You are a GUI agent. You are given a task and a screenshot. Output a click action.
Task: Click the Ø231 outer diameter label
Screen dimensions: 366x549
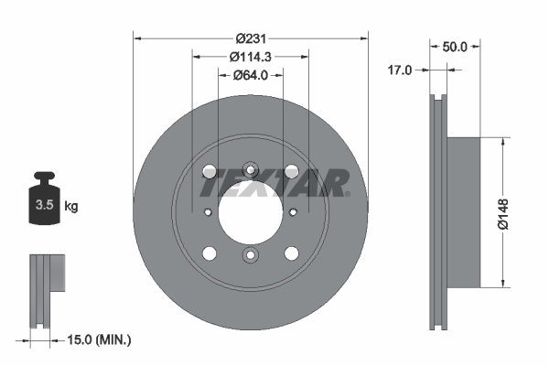click(250, 38)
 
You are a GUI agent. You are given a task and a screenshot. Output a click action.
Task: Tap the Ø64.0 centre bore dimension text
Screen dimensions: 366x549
click(250, 75)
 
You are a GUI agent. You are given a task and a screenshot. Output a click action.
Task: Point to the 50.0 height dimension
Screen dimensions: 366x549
click(455, 46)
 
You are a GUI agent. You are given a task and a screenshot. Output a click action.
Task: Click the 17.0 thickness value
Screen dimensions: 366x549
click(400, 70)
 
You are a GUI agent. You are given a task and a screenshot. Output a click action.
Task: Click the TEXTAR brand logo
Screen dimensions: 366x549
click(274, 182)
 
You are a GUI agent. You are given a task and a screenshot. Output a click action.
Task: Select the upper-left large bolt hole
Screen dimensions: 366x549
click(209, 170)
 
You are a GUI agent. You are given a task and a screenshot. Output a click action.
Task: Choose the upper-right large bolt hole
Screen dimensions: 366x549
click(292, 170)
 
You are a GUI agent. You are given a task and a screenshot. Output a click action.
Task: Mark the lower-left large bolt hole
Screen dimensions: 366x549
click(209, 253)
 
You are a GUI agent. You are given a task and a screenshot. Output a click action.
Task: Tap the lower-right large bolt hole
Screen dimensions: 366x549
click(292, 253)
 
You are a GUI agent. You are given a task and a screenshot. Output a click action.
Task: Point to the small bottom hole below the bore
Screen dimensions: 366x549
click(250, 255)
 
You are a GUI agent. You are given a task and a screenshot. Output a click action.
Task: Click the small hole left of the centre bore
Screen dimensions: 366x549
click(209, 211)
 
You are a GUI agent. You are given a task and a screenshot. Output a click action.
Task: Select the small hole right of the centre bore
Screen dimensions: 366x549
click(293, 211)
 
